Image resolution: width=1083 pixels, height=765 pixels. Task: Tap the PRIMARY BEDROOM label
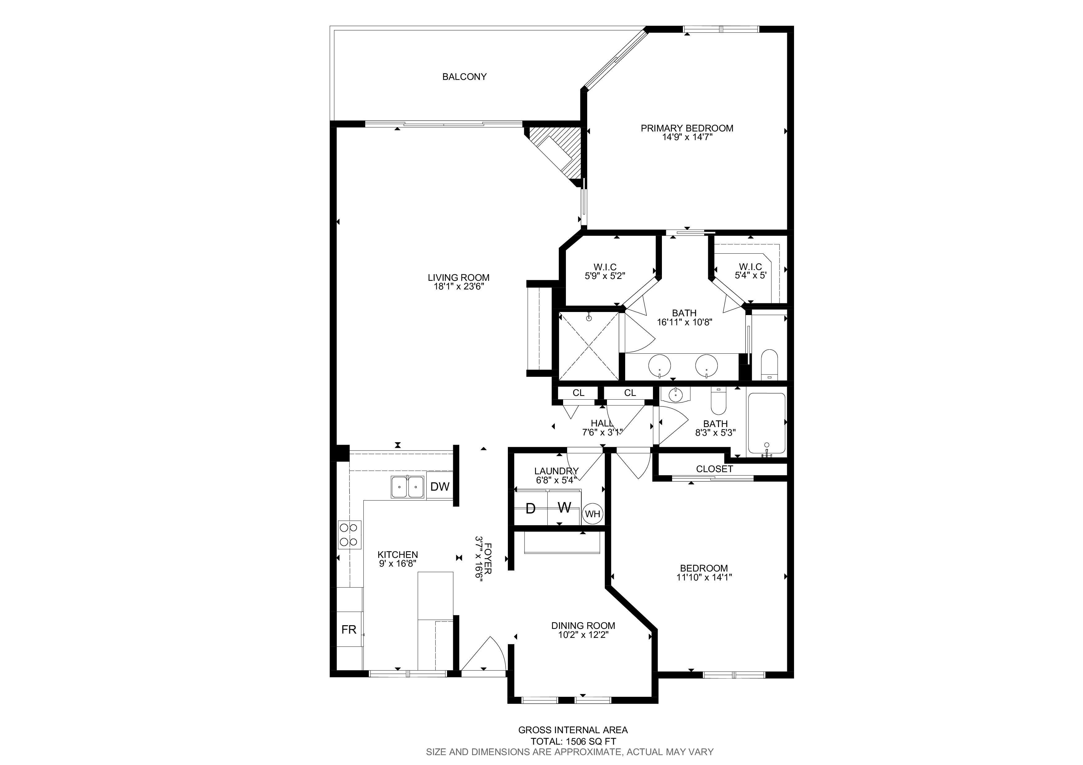687,128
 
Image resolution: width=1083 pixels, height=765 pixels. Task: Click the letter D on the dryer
531,509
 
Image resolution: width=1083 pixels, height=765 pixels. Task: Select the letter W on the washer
564,508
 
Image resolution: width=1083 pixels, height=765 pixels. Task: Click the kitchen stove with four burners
349,534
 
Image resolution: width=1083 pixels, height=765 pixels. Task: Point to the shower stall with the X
588,346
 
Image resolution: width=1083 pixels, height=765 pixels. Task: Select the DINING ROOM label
583,626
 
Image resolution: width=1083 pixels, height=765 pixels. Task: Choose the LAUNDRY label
556,471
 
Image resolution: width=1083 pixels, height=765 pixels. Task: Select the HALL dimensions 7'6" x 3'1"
602,432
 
